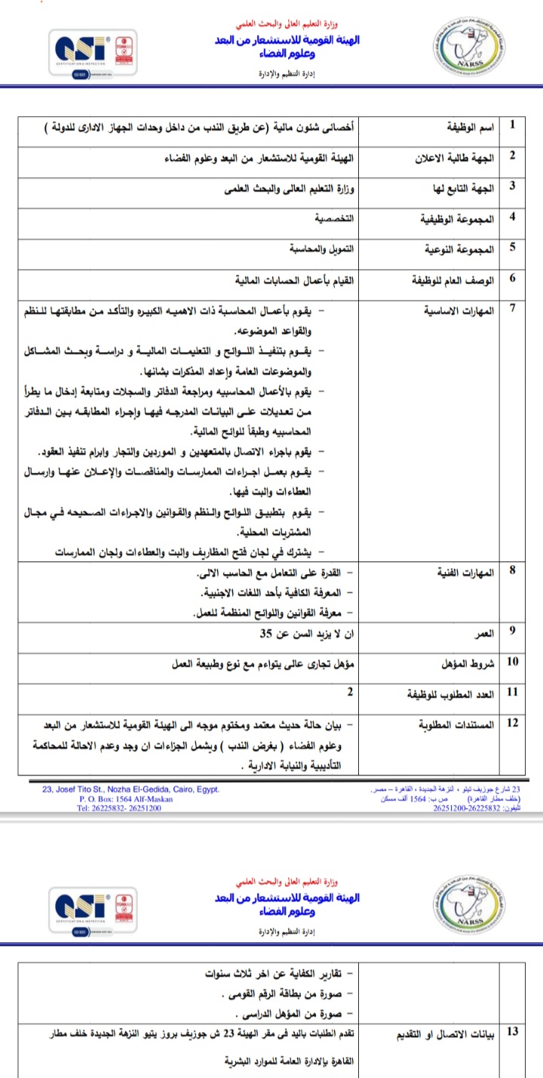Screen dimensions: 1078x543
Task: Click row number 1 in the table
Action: tap(514, 124)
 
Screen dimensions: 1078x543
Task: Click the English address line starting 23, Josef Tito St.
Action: tap(130, 789)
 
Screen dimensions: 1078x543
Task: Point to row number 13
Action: tap(513, 1028)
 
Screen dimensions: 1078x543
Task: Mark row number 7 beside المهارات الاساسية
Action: tap(513, 306)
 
